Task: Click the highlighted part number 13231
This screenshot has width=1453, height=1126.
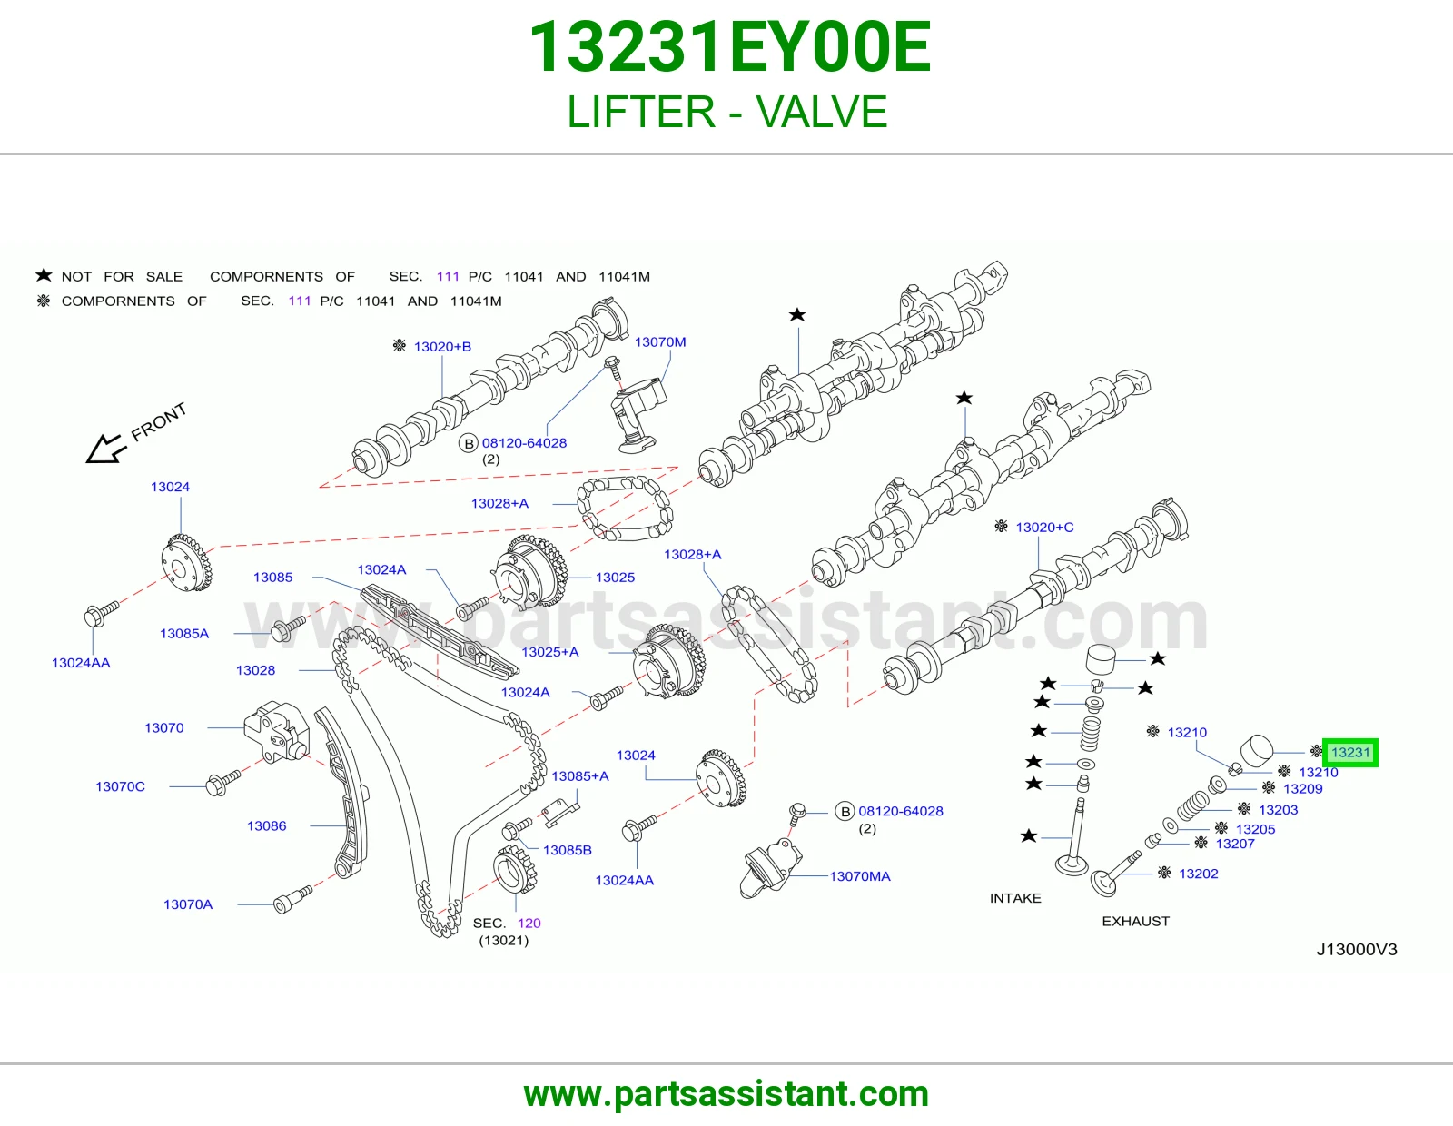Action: pyautogui.click(x=1350, y=752)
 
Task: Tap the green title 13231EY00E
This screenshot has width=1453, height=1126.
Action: pyautogui.click(x=729, y=46)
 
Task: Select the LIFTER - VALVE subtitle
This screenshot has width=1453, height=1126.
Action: pyautogui.click(x=726, y=112)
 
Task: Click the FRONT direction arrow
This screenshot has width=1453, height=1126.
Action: pyautogui.click(x=105, y=449)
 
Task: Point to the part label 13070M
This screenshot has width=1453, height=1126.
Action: pyautogui.click(x=660, y=341)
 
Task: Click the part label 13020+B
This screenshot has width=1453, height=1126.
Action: pyautogui.click(x=442, y=346)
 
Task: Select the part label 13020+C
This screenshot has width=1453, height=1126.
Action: pyautogui.click(x=1044, y=527)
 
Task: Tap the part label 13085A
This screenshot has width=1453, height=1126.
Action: pyautogui.click(x=183, y=633)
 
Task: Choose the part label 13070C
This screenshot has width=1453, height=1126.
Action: pyautogui.click(x=121, y=786)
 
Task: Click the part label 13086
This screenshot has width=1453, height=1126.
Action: pyautogui.click(x=266, y=825)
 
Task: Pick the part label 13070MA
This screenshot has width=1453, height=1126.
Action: pyautogui.click(x=860, y=876)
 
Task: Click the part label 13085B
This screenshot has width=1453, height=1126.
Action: pyautogui.click(x=567, y=850)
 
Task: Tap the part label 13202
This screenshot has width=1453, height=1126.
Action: pyautogui.click(x=1198, y=874)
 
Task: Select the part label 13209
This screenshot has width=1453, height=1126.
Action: pyautogui.click(x=1302, y=788)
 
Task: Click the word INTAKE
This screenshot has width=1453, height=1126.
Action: pyautogui.click(x=1015, y=898)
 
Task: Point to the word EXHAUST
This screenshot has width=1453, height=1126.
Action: pyautogui.click(x=1135, y=921)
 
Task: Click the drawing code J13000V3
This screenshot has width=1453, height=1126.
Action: pyautogui.click(x=1357, y=950)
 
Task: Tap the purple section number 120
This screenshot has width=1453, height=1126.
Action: pyautogui.click(x=529, y=923)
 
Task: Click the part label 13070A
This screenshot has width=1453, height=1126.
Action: pyautogui.click(x=188, y=904)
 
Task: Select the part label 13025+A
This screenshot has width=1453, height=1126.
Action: pyautogui.click(x=550, y=652)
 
